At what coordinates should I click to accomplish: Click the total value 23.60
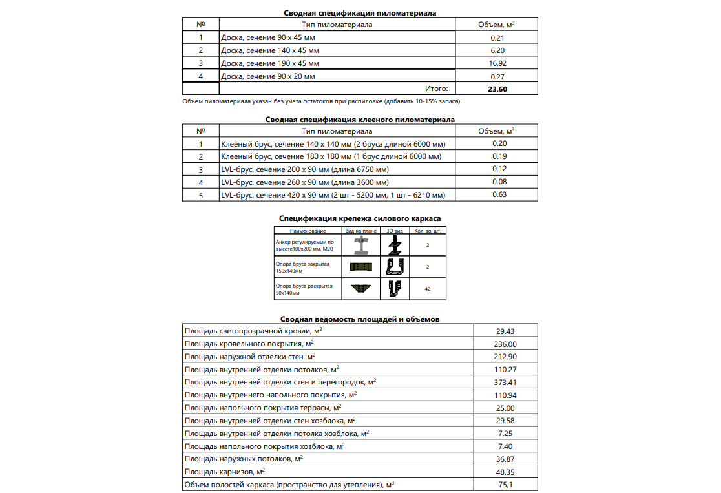pyautogui.click(x=497, y=89)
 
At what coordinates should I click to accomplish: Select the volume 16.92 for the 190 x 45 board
pyautogui.click(x=497, y=63)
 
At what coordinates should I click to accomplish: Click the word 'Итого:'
pyautogui.click(x=436, y=89)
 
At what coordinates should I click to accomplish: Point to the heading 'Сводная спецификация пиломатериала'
pyautogui.click(x=360, y=13)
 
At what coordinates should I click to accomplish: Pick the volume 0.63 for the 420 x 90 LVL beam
pyautogui.click(x=498, y=194)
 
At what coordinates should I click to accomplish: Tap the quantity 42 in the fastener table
pyautogui.click(x=428, y=289)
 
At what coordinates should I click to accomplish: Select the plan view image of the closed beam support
pyautogui.click(x=361, y=267)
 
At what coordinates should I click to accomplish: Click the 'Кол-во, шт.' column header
pyautogui.click(x=428, y=231)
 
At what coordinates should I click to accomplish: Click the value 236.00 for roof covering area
pyautogui.click(x=505, y=344)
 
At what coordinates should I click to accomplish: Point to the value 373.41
pyautogui.click(x=505, y=383)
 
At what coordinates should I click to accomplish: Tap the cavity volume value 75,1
pyautogui.click(x=505, y=485)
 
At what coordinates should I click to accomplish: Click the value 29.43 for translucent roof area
pyautogui.click(x=505, y=331)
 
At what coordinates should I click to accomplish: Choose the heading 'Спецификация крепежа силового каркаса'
pyautogui.click(x=360, y=218)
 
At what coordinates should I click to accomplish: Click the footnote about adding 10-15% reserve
pyautogui.click(x=322, y=101)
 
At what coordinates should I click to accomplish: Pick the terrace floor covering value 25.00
pyautogui.click(x=505, y=408)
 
